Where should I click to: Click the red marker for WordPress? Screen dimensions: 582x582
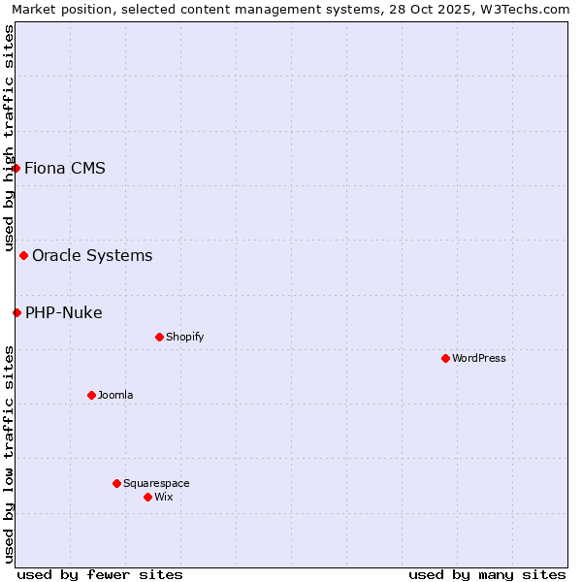(x=445, y=358)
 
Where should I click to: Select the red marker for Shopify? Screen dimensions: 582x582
(x=159, y=337)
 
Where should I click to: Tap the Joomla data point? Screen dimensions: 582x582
(x=91, y=395)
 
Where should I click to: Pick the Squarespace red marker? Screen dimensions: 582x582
(x=116, y=483)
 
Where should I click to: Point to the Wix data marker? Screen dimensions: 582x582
(x=147, y=497)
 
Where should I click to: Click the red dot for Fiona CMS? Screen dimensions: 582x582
(x=16, y=168)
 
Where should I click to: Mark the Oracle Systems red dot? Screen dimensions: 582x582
(x=23, y=255)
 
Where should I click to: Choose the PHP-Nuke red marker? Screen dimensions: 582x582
(x=16, y=312)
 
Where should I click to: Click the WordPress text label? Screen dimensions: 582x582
(x=479, y=358)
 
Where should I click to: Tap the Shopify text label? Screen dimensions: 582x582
(x=184, y=337)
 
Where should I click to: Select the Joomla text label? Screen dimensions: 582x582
(x=115, y=395)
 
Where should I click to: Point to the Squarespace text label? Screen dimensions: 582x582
(x=156, y=483)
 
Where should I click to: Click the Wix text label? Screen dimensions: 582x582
(x=164, y=497)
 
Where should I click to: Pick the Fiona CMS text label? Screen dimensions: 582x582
(x=65, y=168)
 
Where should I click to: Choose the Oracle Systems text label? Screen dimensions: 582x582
(x=92, y=255)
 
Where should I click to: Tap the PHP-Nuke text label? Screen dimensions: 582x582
(x=64, y=312)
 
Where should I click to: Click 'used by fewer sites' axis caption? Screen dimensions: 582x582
(x=100, y=574)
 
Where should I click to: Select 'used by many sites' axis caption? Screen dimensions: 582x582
(x=487, y=574)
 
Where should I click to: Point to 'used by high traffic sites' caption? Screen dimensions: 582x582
(x=9, y=138)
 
